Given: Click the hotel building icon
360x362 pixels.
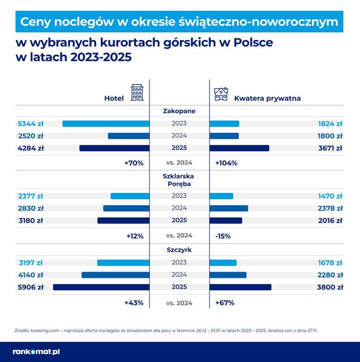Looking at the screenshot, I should tap(137, 93).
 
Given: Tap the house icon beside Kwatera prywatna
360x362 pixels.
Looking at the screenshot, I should tap(221, 94).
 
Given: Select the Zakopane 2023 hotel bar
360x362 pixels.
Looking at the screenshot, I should tap(105, 123).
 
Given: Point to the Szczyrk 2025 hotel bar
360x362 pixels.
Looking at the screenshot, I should tap(101, 287).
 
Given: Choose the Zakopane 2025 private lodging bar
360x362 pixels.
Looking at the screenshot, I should tap(239, 148).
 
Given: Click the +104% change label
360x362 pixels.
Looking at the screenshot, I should tap(226, 163).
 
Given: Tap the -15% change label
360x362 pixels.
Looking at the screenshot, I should tap(223, 235).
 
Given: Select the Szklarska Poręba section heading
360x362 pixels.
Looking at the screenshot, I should tap(179, 179).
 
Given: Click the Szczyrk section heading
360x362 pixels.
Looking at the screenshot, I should tap(179, 249).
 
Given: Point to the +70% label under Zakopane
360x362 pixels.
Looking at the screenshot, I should tap(134, 163).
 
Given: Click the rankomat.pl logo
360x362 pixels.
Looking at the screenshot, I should tap(37, 351).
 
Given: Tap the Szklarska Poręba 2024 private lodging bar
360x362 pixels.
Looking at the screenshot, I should tap(229, 208).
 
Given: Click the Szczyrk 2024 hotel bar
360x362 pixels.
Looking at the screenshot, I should tap(115, 275).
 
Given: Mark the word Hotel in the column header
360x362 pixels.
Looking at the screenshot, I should tap(114, 98).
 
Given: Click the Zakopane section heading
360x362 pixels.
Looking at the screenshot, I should tap(179, 111).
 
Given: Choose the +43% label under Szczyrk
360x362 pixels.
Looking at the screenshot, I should tap(134, 303).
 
